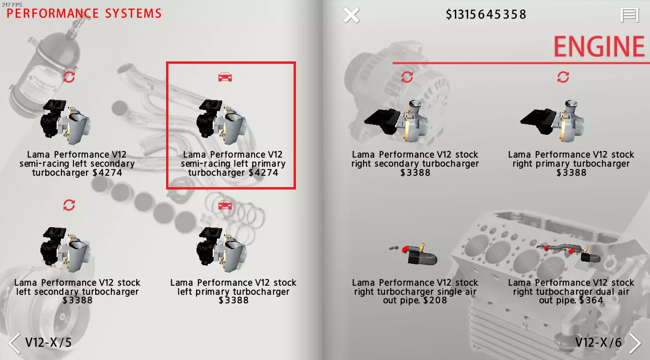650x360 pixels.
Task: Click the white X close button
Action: [x=351, y=15]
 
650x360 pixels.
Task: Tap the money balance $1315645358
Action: [x=486, y=14]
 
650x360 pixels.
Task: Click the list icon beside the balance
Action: [x=630, y=15]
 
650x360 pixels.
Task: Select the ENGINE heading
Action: [x=599, y=47]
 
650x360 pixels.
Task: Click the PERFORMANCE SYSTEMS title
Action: [x=84, y=13]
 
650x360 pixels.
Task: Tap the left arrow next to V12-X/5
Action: [x=14, y=343]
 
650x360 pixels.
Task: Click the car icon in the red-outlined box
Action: [x=225, y=77]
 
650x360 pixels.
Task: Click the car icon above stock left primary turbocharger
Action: [x=225, y=205]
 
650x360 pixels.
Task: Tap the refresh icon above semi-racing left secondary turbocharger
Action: [x=69, y=77]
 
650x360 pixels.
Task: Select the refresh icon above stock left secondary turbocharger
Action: [x=69, y=205]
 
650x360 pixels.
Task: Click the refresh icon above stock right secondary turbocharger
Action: [x=407, y=77]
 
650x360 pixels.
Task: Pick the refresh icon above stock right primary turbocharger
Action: [x=563, y=77]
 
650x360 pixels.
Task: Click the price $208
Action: [x=435, y=300]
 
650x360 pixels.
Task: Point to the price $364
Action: [x=591, y=300]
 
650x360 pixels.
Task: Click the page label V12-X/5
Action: [x=48, y=342]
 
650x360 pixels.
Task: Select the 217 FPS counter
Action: [x=12, y=4]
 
